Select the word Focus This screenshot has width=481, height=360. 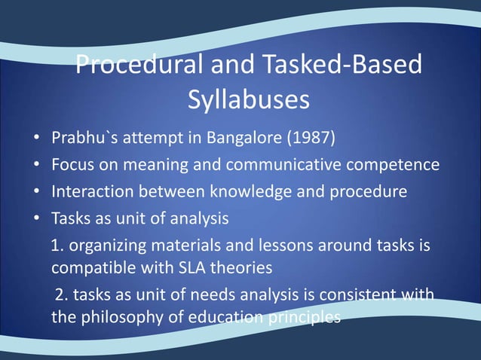coord(70,165)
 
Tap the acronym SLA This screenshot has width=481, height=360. coord(198,268)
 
